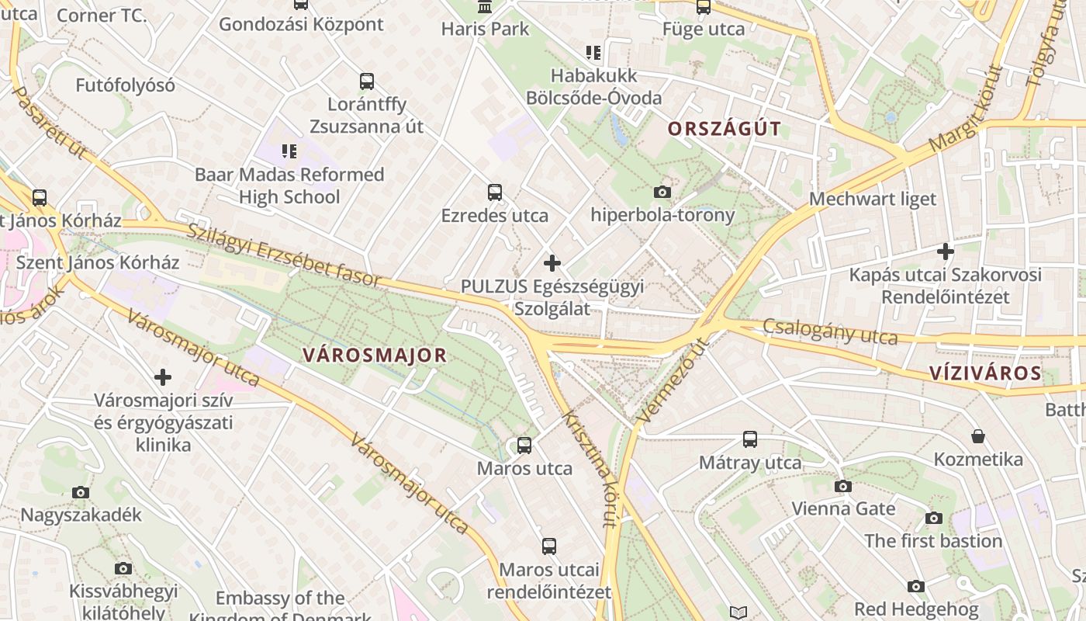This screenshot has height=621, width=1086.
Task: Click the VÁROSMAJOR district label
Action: [x=375, y=356]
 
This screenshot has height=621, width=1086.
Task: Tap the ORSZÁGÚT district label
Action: [x=724, y=129]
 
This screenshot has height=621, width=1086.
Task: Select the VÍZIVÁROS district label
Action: [x=985, y=373]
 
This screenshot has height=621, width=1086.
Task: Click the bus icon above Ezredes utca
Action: [x=495, y=193]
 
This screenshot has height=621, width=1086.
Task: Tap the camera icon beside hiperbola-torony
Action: [x=662, y=192]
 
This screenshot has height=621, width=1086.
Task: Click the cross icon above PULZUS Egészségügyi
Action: [x=552, y=263]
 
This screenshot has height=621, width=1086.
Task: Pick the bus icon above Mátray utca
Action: [x=750, y=439]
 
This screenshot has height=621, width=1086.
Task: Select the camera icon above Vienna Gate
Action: [x=843, y=486]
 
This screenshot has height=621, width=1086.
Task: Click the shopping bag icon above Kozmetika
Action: [x=978, y=436]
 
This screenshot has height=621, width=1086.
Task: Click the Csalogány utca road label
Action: [x=830, y=331]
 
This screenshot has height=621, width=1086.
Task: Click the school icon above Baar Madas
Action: [x=289, y=151]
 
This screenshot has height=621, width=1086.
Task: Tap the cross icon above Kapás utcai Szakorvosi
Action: [x=945, y=252]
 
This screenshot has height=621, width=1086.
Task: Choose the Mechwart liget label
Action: [x=873, y=199]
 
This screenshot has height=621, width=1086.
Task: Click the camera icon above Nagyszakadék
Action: [x=81, y=492]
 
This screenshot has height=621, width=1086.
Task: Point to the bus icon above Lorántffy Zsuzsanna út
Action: [x=367, y=81]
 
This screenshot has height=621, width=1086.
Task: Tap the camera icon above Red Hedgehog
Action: [x=916, y=586]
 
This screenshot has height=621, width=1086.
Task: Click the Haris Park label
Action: [x=485, y=29]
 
